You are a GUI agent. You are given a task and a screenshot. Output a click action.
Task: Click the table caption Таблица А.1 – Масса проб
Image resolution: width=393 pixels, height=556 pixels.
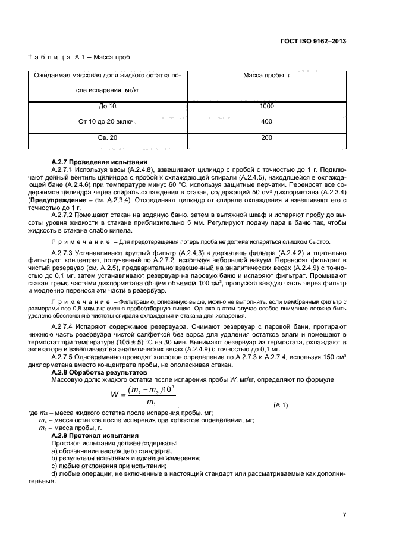[x=79, y=58]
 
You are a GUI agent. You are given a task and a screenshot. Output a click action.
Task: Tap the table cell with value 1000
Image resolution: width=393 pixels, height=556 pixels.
[x=266, y=106]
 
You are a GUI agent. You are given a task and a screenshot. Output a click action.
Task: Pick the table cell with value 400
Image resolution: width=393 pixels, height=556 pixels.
[x=266, y=121]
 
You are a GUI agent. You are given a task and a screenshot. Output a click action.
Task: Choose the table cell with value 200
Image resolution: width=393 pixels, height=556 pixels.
[x=266, y=138]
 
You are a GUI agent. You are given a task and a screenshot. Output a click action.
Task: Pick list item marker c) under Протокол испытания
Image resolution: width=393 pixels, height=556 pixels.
[x=54, y=466]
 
